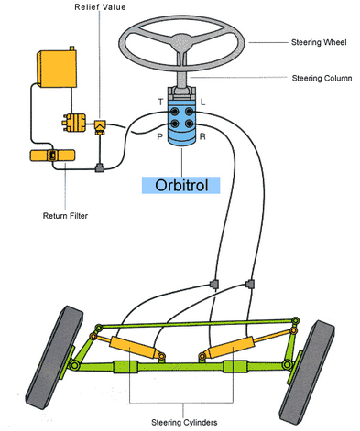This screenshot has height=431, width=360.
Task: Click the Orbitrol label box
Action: (x=180, y=185)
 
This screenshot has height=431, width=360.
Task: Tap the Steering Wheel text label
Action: (x=319, y=42)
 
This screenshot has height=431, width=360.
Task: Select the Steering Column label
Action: (x=322, y=78)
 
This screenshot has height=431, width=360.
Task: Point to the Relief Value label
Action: (x=100, y=7)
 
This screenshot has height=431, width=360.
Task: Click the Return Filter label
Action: (x=65, y=216)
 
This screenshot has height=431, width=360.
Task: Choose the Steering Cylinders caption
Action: (x=184, y=422)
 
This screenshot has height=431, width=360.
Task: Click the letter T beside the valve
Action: (x=161, y=102)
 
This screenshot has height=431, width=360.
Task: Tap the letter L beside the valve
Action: (x=202, y=102)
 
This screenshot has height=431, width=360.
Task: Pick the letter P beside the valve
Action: (x=159, y=137)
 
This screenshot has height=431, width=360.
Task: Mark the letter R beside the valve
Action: (x=202, y=136)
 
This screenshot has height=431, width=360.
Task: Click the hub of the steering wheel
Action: (x=181, y=40)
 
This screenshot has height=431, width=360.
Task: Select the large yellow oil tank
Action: (x=57, y=69)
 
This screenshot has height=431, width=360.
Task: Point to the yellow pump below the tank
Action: (x=74, y=123)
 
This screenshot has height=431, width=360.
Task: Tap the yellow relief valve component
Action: (x=100, y=127)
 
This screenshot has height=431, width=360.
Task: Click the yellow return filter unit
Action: (x=52, y=156)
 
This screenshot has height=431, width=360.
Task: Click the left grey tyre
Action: (x=54, y=358)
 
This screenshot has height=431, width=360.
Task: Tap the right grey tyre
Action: (x=308, y=372)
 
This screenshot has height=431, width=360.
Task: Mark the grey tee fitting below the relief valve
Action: (x=100, y=167)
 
